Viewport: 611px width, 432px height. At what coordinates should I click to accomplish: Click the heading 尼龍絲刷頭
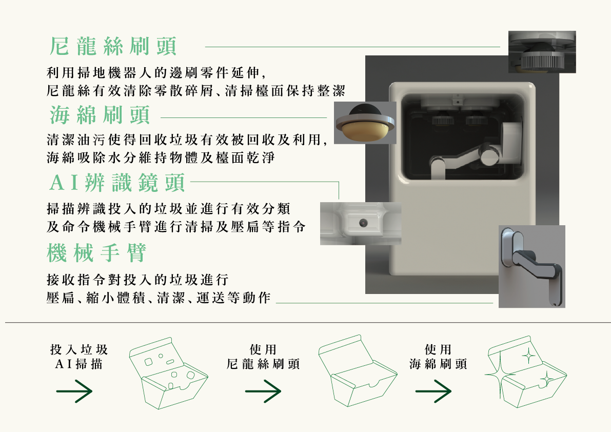(x=113, y=47)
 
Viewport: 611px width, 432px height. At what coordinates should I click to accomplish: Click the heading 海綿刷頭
(x=100, y=115)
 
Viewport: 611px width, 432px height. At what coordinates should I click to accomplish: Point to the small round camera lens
(x=364, y=223)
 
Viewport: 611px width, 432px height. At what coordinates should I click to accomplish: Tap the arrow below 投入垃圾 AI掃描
(x=74, y=392)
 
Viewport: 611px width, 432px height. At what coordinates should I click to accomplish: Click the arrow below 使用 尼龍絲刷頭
(x=263, y=392)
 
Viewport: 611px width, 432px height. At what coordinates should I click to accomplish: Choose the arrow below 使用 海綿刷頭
(x=433, y=392)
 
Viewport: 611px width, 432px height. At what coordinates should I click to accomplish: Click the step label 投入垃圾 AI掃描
(x=79, y=357)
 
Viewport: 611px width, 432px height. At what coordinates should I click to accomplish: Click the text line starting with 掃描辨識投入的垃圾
(x=168, y=209)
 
